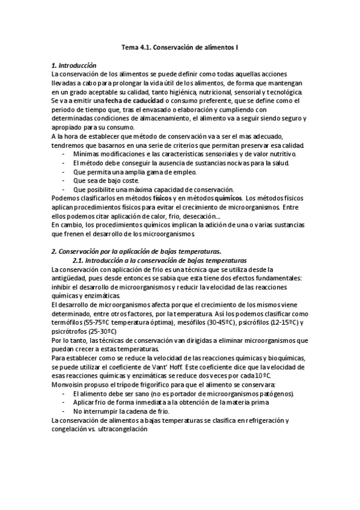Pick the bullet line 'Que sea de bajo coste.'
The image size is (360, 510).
tap(106, 180)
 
